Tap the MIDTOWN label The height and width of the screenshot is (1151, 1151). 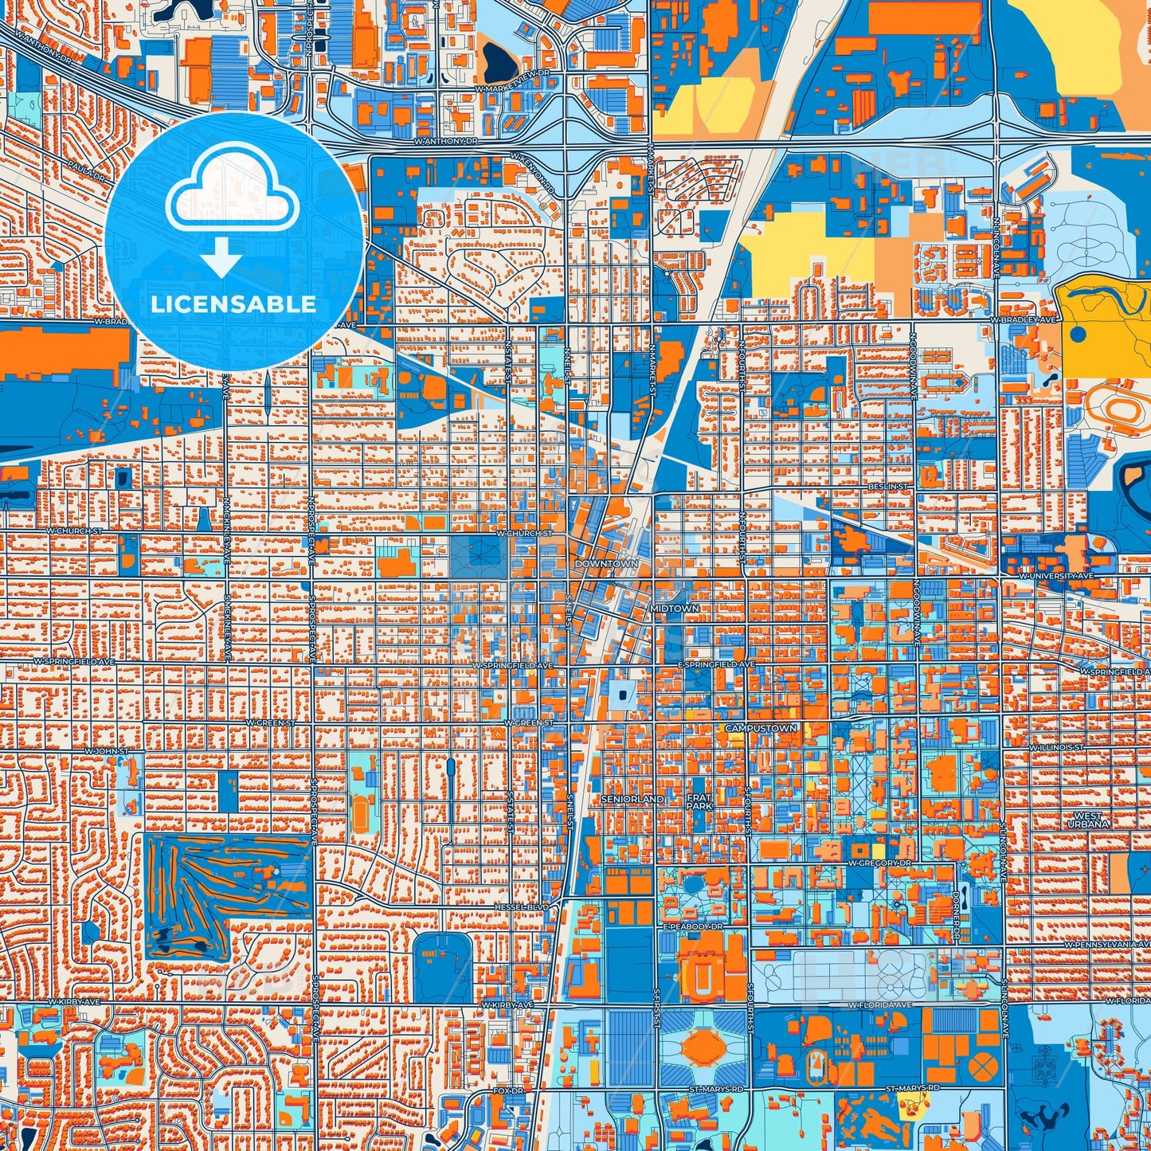pyautogui.click(x=674, y=608)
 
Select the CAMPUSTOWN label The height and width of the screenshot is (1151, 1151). pyautogui.click(x=761, y=728)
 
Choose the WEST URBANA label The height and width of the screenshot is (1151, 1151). pyautogui.click(x=1088, y=820)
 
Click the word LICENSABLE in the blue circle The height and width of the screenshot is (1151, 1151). pyautogui.click(x=233, y=303)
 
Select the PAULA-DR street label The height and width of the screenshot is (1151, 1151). pyautogui.click(x=88, y=170)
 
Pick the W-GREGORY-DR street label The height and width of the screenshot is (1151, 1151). pyautogui.click(x=879, y=863)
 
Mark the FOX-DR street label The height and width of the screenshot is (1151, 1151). pyautogui.click(x=507, y=1090)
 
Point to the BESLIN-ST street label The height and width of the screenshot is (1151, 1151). pyautogui.click(x=887, y=485)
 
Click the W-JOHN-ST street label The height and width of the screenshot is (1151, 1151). pyautogui.click(x=107, y=751)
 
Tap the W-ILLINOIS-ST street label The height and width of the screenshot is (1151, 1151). pyautogui.click(x=1056, y=748)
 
